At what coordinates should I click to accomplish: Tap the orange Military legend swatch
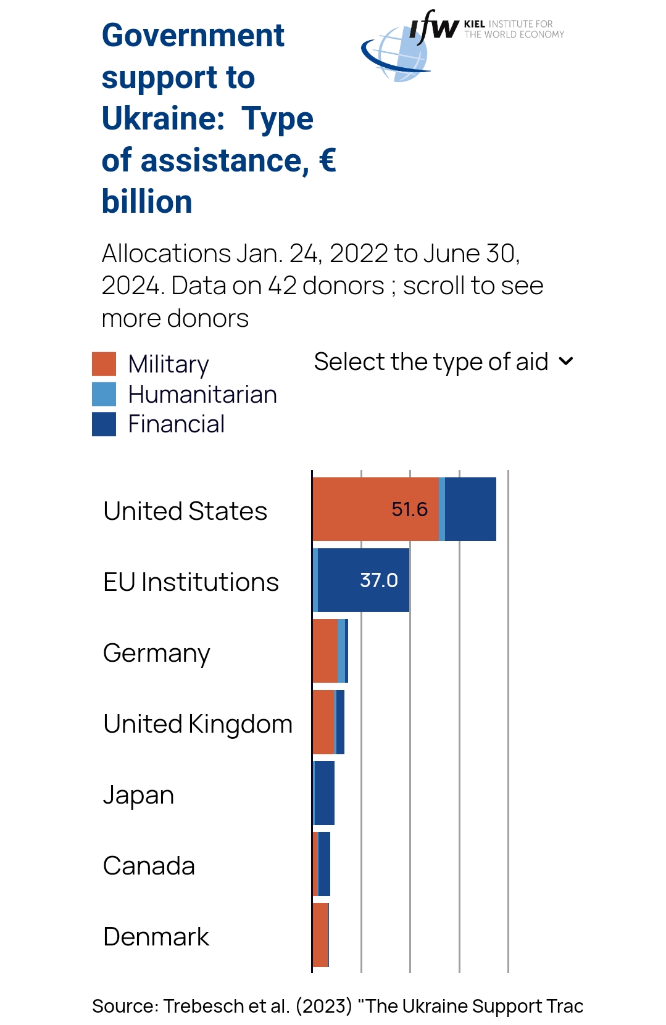click(104, 364)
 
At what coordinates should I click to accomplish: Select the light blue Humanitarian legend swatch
click(104, 394)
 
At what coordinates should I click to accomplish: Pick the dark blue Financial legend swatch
click(104, 424)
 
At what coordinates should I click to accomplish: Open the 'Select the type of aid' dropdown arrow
click(566, 361)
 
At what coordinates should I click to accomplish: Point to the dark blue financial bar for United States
click(470, 509)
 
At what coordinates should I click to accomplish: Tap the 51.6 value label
click(409, 509)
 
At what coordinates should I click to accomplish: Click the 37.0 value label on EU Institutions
click(378, 580)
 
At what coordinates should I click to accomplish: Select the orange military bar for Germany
click(325, 651)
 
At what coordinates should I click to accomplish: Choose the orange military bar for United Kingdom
click(323, 722)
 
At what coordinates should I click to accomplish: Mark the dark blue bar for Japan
click(324, 793)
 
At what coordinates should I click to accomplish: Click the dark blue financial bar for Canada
click(324, 864)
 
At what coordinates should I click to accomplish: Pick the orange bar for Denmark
click(320, 935)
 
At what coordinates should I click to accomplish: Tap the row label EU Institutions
click(191, 582)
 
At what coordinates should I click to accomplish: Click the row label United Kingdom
click(198, 724)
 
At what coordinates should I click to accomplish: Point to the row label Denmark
click(156, 937)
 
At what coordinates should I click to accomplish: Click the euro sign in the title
click(327, 160)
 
